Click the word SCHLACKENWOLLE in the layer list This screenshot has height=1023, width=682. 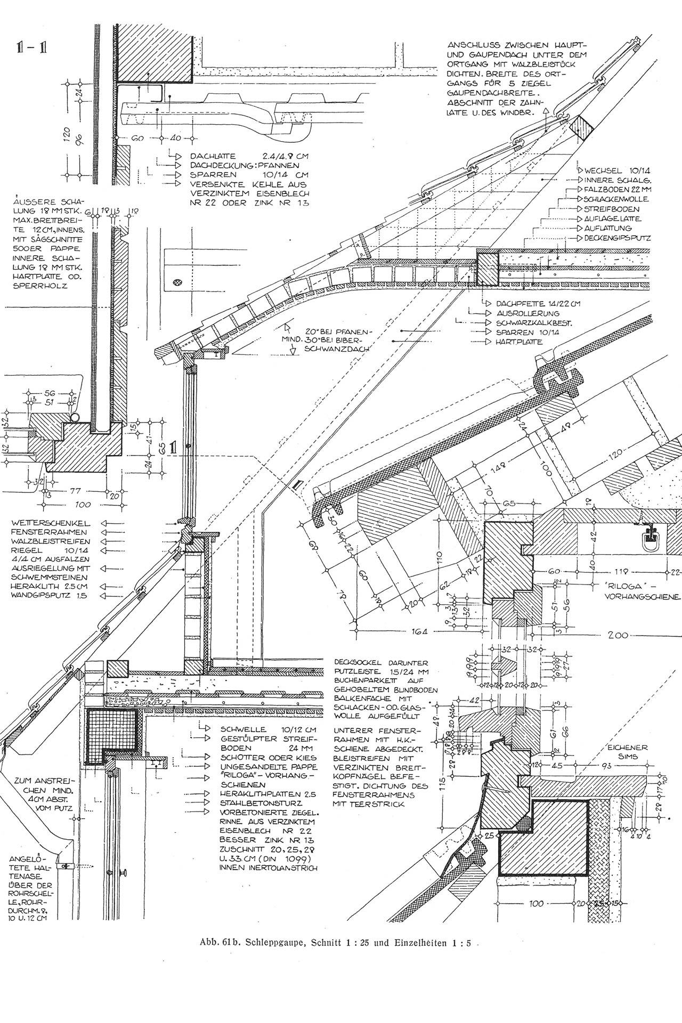click(616, 199)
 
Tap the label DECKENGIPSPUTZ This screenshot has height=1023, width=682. click(618, 238)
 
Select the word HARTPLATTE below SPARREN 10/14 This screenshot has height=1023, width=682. click(519, 342)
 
